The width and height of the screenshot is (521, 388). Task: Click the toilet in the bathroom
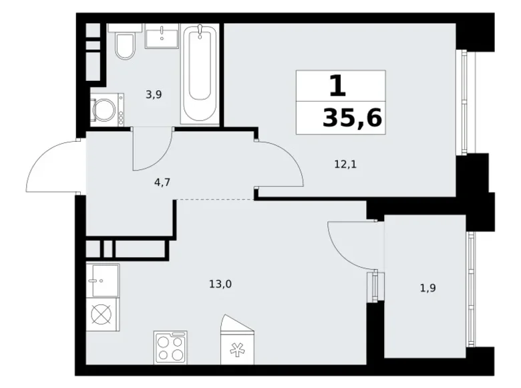(124, 45)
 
